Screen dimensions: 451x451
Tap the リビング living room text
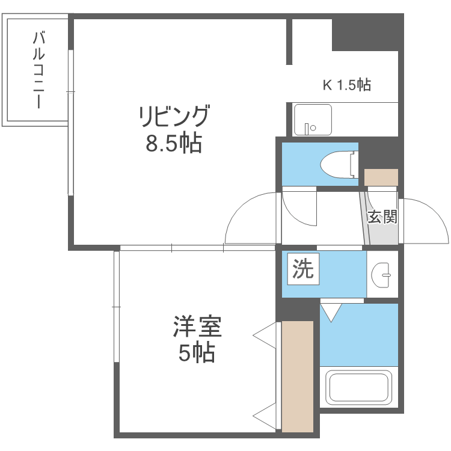(174, 116)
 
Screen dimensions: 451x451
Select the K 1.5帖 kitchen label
(347, 85)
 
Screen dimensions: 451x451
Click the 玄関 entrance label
(382, 216)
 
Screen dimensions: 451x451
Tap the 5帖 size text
(197, 354)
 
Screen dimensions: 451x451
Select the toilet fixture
(339, 163)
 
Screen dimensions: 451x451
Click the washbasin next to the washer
(382, 274)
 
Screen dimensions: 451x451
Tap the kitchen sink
(313, 119)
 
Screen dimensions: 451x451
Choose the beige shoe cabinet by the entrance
(381, 177)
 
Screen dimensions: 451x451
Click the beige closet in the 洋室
(298, 376)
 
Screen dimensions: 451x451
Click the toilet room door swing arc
(299, 207)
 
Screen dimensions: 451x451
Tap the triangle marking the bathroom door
(331, 311)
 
